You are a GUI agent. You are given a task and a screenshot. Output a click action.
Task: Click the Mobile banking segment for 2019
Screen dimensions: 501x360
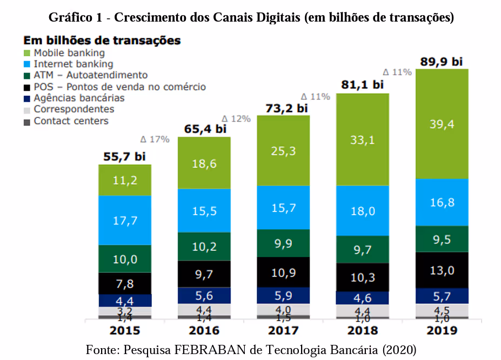pyautogui.click(x=442, y=124)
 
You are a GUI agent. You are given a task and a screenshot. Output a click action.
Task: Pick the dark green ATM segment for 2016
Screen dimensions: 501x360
pyautogui.click(x=204, y=246)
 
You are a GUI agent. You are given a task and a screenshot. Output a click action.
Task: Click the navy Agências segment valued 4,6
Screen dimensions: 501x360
pyautogui.click(x=363, y=298)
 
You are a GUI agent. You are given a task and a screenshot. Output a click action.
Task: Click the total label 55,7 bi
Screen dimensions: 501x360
pyautogui.click(x=125, y=157)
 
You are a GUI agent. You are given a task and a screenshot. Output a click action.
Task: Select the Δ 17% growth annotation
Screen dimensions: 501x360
pyautogui.click(x=155, y=139)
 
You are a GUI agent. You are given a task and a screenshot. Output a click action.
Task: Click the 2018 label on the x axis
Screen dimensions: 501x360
pyautogui.click(x=363, y=331)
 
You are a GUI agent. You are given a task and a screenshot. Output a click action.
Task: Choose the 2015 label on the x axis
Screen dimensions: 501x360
pyautogui.click(x=125, y=331)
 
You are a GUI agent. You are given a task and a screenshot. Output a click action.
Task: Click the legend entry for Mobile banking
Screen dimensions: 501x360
pyautogui.click(x=69, y=53)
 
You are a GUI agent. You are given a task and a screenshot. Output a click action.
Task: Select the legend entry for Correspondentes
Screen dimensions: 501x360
pyautogui.click(x=74, y=109)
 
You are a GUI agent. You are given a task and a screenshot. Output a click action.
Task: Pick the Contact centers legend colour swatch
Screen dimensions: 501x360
pyautogui.click(x=27, y=121)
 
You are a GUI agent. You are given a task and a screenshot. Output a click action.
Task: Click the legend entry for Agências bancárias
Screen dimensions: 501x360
pyautogui.click(x=79, y=98)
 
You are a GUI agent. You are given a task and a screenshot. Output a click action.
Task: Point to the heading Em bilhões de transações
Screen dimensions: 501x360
pyautogui.click(x=102, y=41)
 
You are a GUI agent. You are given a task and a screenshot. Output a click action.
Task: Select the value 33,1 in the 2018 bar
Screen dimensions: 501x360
pyautogui.click(x=363, y=139)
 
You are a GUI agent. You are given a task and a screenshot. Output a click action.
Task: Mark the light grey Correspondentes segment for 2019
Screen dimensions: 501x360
pyautogui.click(x=442, y=310)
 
